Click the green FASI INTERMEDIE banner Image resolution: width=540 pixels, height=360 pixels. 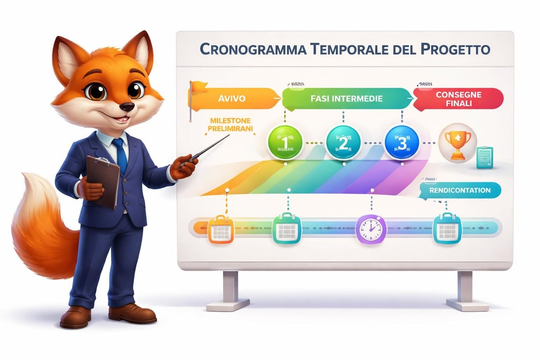346,98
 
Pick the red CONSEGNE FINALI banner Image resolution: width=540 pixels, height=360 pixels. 458,99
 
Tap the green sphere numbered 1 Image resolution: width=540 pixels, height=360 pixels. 284,142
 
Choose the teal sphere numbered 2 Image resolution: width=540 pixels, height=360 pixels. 343,142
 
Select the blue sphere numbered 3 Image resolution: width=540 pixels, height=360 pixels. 402,142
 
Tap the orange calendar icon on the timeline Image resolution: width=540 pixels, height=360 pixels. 219,229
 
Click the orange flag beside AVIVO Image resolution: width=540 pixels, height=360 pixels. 198,88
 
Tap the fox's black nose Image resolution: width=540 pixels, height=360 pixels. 128,107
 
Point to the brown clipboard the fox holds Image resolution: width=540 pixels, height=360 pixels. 103,180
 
